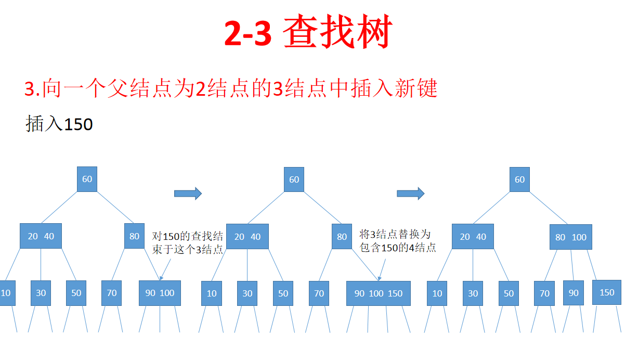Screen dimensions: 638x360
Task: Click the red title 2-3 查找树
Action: pos(308,32)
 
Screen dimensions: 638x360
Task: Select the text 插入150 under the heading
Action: pos(59,124)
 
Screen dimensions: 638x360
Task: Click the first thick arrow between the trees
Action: pos(188,194)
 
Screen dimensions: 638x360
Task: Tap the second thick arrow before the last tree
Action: pos(411,194)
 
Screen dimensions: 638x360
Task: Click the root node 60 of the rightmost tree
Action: pos(519,179)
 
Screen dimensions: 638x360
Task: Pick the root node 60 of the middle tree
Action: pos(294,179)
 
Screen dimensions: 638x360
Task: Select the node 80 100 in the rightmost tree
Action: pos(570,237)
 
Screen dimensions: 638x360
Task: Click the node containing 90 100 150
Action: pos(378,293)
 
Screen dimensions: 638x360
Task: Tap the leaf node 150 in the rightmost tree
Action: pos(607,292)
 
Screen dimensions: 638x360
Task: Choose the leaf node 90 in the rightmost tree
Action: pos(573,293)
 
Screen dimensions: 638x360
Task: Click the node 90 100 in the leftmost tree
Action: pos(160,293)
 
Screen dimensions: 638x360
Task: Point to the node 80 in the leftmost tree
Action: pos(134,236)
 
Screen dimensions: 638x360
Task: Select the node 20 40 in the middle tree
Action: pos(247,237)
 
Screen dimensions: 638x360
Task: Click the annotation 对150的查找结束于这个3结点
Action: pos(188,243)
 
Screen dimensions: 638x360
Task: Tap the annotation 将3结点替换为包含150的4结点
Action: pos(398,241)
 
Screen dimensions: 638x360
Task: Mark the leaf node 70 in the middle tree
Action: pos(319,293)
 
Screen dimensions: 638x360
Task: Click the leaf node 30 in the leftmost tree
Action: pos(41,293)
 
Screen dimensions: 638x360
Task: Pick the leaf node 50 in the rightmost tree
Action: pos(509,293)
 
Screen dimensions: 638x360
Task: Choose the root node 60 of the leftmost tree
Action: pos(87,179)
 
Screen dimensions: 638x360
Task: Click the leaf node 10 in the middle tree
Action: pos(212,293)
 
